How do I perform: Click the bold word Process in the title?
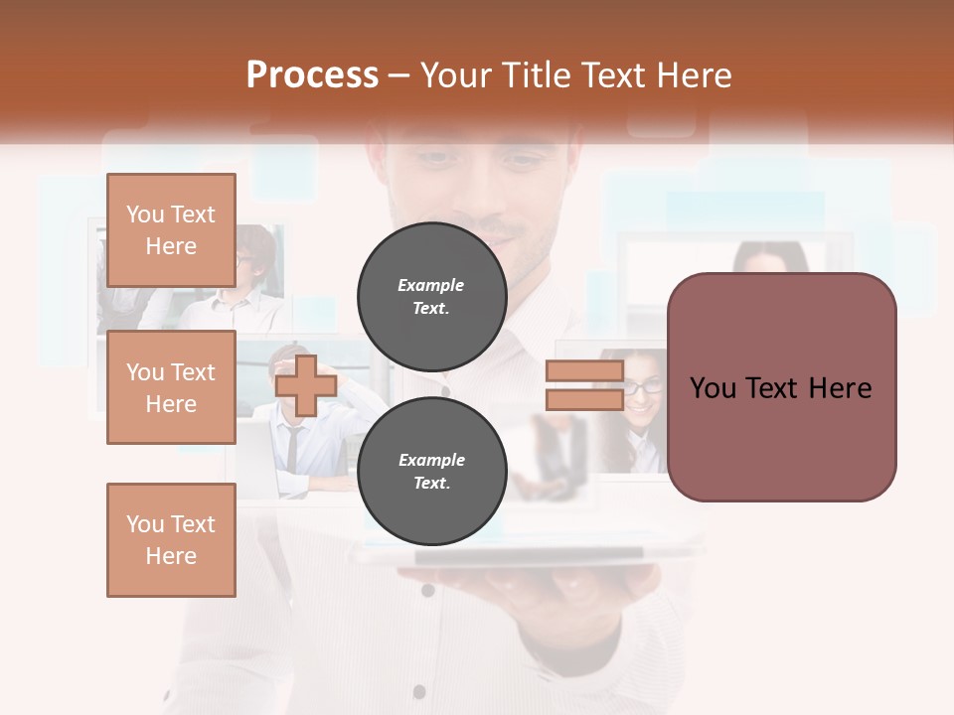312,75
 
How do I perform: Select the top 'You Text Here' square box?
171,230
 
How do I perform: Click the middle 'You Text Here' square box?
171,387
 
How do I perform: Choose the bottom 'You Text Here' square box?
171,540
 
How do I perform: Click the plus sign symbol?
306,385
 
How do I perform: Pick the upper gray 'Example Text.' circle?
431,297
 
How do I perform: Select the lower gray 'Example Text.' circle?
431,472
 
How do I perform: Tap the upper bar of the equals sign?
584,371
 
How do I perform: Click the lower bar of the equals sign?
584,399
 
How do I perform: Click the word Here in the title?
693,75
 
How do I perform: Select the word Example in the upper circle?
431,285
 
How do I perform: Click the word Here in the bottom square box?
171,556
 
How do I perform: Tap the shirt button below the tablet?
427,590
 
